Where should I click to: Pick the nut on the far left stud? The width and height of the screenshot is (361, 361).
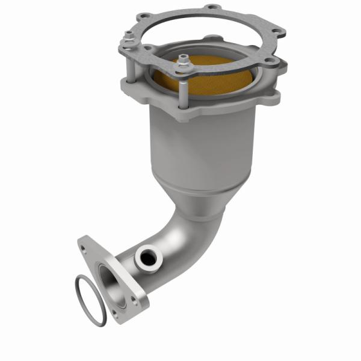(129, 42)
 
